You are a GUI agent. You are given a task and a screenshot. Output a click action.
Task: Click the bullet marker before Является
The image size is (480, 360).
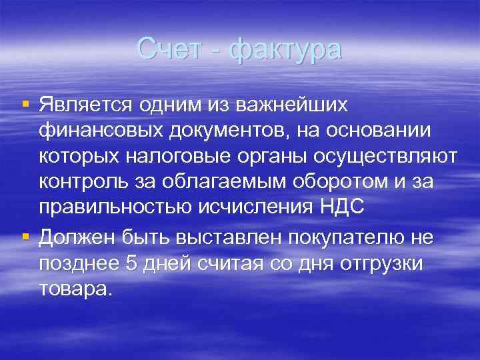26,104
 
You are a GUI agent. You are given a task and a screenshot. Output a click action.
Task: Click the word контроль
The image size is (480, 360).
84,181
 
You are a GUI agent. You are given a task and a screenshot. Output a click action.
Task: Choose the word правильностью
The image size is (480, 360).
115,207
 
